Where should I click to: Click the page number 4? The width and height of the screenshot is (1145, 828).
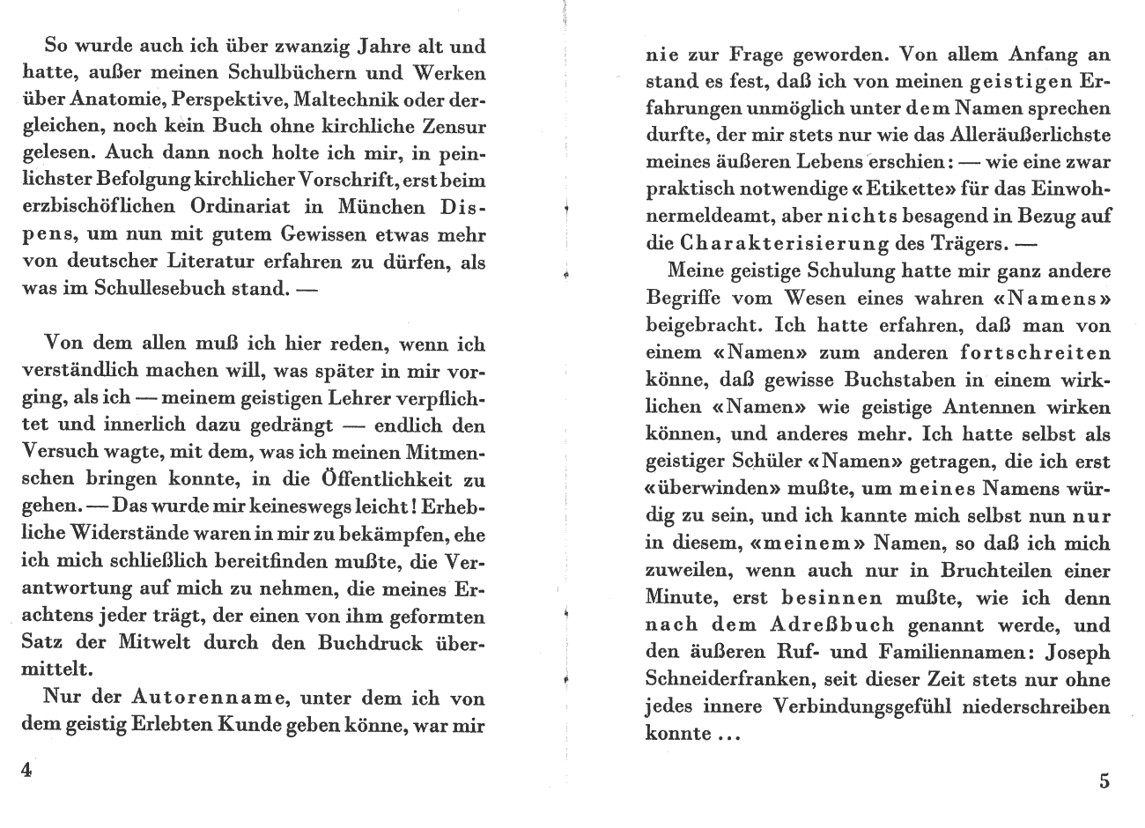coord(26,769)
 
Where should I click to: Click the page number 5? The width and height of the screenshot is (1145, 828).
coord(1104,781)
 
